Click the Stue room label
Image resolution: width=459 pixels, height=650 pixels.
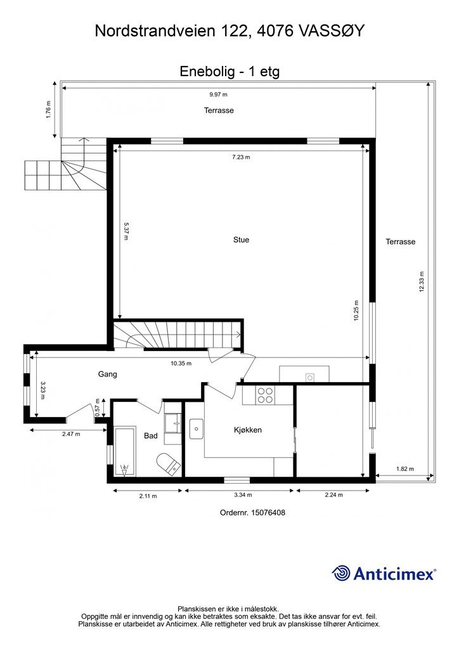click(x=241, y=240)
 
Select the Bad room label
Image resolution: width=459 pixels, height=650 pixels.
click(x=151, y=436)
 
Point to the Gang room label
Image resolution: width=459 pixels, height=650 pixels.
click(x=107, y=375)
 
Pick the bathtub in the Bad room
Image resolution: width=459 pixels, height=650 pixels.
click(x=125, y=452)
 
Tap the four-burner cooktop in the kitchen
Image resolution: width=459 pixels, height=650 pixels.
click(x=265, y=395)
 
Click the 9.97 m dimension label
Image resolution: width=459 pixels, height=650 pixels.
click(x=218, y=94)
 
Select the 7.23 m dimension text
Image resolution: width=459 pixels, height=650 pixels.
click(x=241, y=157)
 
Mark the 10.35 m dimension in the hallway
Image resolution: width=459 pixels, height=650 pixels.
click(x=181, y=364)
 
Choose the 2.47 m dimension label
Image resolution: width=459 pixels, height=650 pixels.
click(x=71, y=435)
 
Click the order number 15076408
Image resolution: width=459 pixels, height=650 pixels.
click(x=252, y=512)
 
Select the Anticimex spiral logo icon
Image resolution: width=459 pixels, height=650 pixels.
click(x=341, y=573)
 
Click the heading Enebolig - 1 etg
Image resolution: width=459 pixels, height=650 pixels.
click(x=229, y=72)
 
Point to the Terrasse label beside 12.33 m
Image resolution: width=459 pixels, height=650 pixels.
click(x=401, y=242)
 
